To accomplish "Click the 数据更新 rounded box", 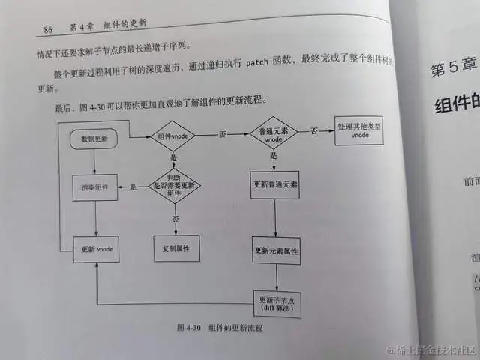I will point(94,139).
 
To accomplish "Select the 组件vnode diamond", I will point(172,136).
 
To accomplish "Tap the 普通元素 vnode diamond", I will point(274,133).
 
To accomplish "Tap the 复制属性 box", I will point(175,247).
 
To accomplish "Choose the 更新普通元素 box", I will point(275,184).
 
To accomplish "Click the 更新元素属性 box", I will point(277,250).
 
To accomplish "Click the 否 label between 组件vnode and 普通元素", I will point(222,135).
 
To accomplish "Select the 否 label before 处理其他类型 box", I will point(315,130).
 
